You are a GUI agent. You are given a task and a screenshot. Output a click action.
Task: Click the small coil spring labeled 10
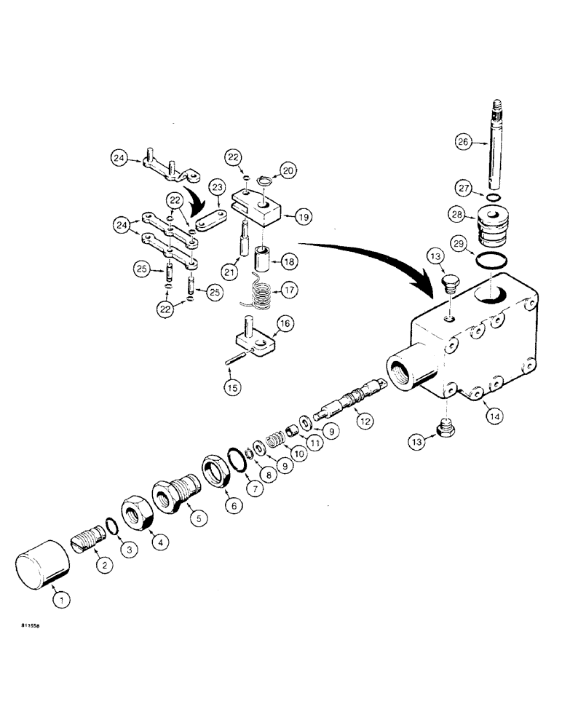click(272, 441)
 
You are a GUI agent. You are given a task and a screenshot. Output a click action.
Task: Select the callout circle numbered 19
click(304, 215)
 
